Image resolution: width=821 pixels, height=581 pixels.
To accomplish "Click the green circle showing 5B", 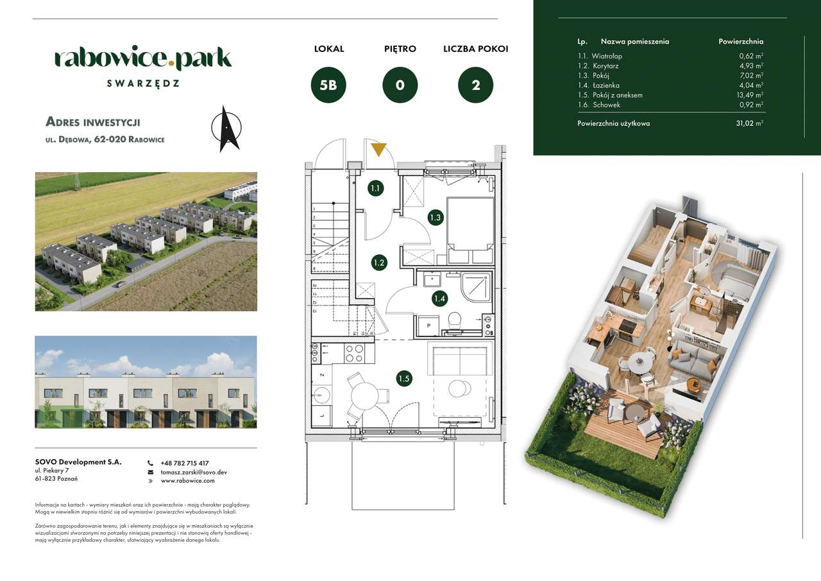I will pyautogui.click(x=328, y=85).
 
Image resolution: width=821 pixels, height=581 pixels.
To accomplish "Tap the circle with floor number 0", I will pyautogui.click(x=400, y=85).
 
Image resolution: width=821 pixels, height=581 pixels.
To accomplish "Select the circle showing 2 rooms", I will pyautogui.click(x=475, y=85).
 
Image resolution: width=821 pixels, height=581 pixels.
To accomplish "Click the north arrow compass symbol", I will pyautogui.click(x=226, y=128).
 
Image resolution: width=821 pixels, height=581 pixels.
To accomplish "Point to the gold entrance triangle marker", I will pyautogui.click(x=378, y=150).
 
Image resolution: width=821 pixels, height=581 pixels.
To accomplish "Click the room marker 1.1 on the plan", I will pyautogui.click(x=376, y=188).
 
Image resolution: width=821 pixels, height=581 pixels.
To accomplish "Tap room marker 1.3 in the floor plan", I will pyautogui.click(x=436, y=217).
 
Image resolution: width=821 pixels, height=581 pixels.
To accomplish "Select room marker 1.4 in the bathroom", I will pyautogui.click(x=439, y=298).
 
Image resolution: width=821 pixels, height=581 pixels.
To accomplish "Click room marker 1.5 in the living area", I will pyautogui.click(x=403, y=379).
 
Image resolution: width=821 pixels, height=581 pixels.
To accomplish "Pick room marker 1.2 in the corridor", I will pyautogui.click(x=378, y=262).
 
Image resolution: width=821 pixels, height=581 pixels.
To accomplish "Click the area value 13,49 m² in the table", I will pyautogui.click(x=750, y=95).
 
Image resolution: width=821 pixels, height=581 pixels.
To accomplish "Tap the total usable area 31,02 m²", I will pyautogui.click(x=750, y=123).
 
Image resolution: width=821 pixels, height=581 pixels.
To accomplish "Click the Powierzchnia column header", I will pyautogui.click(x=741, y=41).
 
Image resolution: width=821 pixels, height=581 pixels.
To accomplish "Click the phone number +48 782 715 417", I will pyautogui.click(x=185, y=463).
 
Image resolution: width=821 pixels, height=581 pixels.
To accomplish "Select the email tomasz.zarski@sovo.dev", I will pyautogui.click(x=194, y=472).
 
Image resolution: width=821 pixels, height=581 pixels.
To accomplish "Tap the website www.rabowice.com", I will pyautogui.click(x=188, y=480).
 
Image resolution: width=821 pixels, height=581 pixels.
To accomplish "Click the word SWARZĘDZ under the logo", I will pyautogui.click(x=143, y=83).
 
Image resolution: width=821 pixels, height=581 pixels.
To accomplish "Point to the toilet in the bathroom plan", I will pyautogui.click(x=455, y=320).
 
